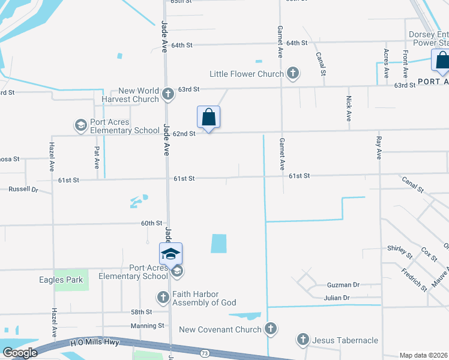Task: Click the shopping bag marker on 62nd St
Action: pyautogui.click(x=208, y=117)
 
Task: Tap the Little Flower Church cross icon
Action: pyautogui.click(x=293, y=74)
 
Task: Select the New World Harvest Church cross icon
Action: pyautogui.click(x=168, y=94)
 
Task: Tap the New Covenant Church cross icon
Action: pyautogui.click(x=271, y=329)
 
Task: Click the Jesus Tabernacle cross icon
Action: pyautogui.click(x=303, y=340)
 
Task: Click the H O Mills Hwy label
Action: pyautogui.click(x=95, y=342)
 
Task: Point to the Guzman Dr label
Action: pyautogui.click(x=343, y=286)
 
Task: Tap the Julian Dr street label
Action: pyautogui.click(x=336, y=298)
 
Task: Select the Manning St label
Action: pyautogui.click(x=148, y=326)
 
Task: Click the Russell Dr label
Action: pyautogui.click(x=23, y=190)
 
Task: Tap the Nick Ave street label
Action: pyautogui.click(x=349, y=109)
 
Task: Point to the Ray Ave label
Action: pyautogui.click(x=378, y=148)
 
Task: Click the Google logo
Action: pyautogui.click(x=20, y=352)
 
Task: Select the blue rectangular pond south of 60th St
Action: pyautogui.click(x=219, y=243)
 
